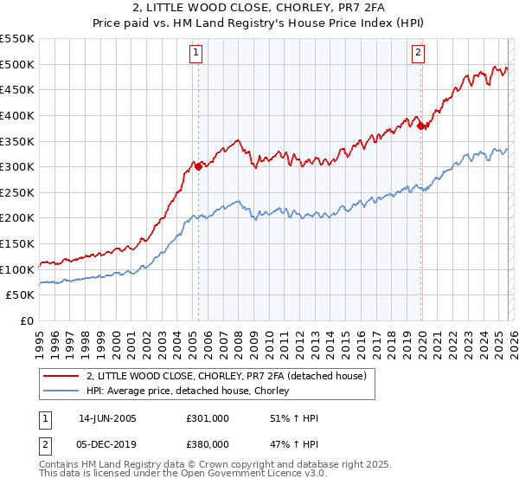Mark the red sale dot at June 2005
[x=198, y=166]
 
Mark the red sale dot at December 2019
[x=420, y=126]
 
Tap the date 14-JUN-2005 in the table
[x=107, y=418]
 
